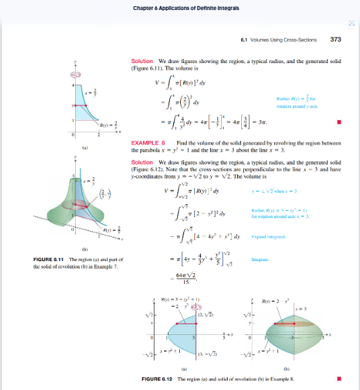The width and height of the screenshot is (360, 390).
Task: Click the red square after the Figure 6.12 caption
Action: coord(339,379)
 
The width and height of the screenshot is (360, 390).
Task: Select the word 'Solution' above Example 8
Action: coord(143,62)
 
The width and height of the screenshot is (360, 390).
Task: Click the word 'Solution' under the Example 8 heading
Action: coord(143,162)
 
